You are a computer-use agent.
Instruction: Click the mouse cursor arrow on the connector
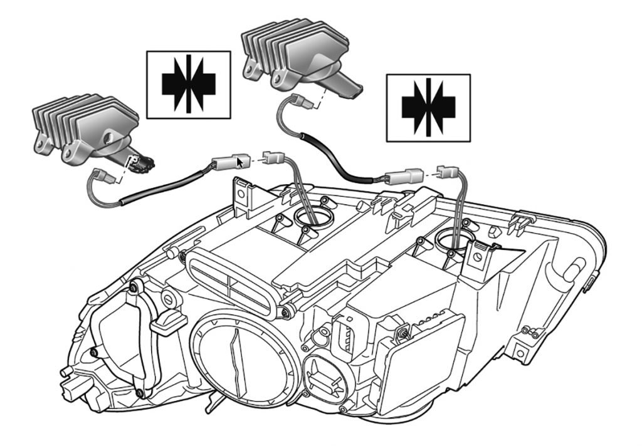point(239,162)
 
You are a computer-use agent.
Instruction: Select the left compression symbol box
point(188,84)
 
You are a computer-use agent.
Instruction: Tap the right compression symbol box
point(428,107)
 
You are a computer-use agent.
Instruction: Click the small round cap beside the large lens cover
point(325,376)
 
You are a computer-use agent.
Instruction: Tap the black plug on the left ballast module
point(145,164)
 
